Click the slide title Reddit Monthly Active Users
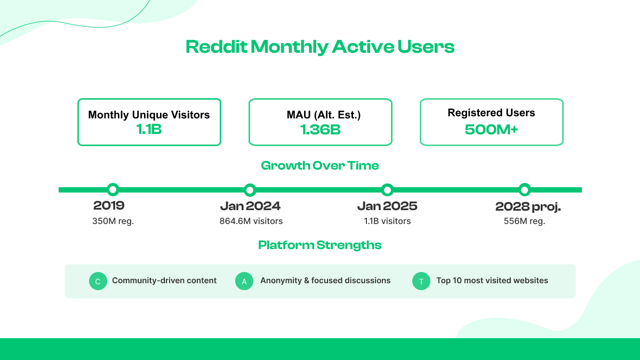(320, 47)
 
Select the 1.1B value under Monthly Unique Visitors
(149, 129)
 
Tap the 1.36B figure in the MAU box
(320, 129)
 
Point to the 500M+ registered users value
(491, 129)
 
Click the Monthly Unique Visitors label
(149, 115)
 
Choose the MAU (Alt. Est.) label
(320, 115)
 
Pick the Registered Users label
(491, 113)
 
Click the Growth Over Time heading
(320, 165)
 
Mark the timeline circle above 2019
(113, 189)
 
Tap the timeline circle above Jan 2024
(250, 189)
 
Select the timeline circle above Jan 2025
(388, 189)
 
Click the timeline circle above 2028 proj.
(525, 189)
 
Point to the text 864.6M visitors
(251, 221)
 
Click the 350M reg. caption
(113, 221)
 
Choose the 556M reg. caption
(524, 221)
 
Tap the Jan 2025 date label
(387, 206)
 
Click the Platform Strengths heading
(320, 245)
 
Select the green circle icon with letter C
(98, 282)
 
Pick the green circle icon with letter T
(421, 282)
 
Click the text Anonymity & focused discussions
(325, 281)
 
